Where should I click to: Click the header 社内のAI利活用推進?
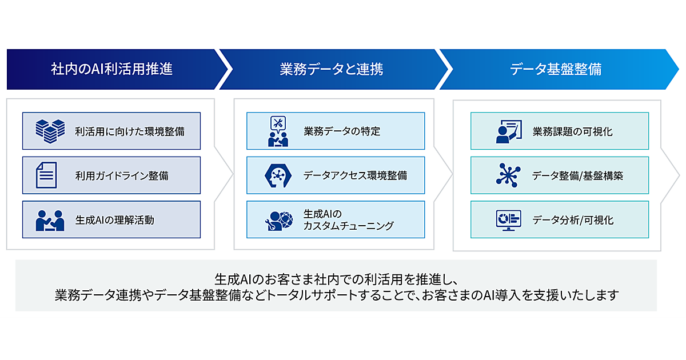[111, 70]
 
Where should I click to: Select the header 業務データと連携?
[332, 70]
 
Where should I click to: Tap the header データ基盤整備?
[555, 70]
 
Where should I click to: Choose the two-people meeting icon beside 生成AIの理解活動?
[50, 219]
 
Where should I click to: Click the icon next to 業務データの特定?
[278, 131]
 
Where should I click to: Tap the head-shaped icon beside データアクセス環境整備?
[278, 175]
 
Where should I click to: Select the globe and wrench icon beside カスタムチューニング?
[278, 220]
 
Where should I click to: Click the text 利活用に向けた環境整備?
[130, 131]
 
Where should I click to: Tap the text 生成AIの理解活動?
[114, 219]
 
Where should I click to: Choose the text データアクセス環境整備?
[356, 175]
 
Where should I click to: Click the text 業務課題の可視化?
[572, 131]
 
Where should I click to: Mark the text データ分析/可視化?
[572, 219]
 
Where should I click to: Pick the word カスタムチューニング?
[349, 226]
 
